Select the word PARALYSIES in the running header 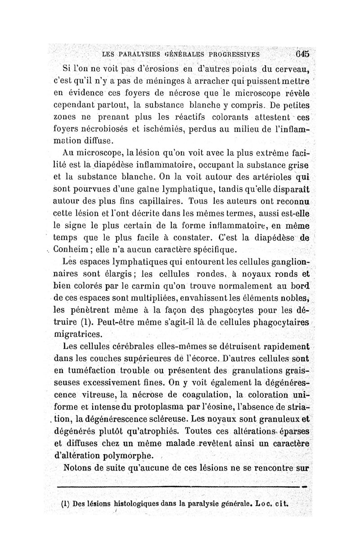(135, 54)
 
